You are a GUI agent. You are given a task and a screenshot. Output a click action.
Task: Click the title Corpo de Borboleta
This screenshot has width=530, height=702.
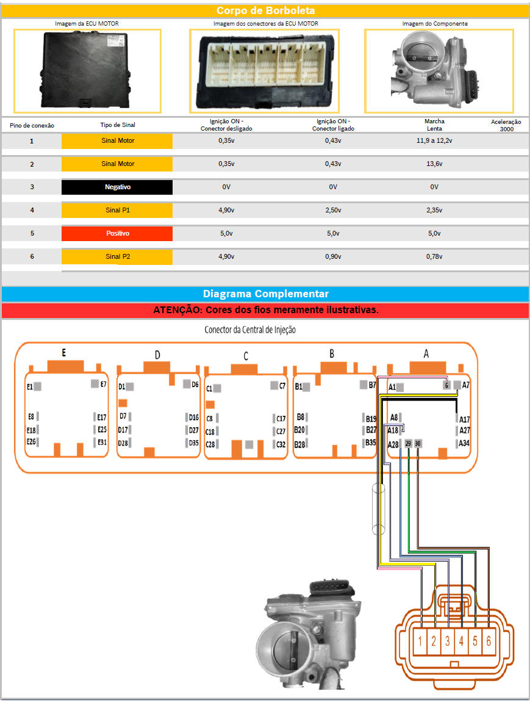point(265,11)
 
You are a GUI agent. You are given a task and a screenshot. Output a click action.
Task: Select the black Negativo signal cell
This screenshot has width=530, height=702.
point(117,187)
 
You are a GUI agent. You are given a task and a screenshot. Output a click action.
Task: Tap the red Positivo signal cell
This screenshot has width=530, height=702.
point(117,234)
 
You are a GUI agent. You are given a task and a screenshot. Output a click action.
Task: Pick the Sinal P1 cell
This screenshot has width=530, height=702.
point(117,211)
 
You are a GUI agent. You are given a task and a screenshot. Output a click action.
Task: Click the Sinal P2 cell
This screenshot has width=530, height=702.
point(117,257)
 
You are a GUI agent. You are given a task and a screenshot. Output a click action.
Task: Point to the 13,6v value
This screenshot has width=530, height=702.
point(434,164)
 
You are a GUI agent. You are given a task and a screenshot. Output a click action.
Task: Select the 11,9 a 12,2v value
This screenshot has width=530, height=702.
point(434,141)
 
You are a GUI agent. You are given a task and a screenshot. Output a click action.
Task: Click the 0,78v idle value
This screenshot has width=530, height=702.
point(434,257)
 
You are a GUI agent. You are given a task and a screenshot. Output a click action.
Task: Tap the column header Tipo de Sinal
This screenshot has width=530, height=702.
point(118,125)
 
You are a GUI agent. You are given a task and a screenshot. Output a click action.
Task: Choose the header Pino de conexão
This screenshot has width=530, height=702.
point(32,125)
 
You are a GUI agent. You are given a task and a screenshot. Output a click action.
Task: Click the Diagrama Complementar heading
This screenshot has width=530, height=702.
point(265,294)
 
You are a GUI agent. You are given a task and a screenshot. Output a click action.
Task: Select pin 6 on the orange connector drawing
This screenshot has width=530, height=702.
point(489,642)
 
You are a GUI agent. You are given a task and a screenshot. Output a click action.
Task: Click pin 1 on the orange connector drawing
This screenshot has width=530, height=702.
point(421,642)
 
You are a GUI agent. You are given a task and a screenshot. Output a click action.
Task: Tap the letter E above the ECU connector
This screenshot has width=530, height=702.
point(63,353)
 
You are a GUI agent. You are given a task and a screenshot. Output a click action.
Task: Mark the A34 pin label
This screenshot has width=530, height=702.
point(464,443)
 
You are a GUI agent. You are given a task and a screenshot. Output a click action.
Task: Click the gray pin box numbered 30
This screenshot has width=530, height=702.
point(418,444)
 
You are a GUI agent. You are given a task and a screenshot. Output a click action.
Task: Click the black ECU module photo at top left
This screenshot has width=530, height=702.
point(87,71)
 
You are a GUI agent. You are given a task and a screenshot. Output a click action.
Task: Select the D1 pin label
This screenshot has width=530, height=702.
point(121,386)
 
